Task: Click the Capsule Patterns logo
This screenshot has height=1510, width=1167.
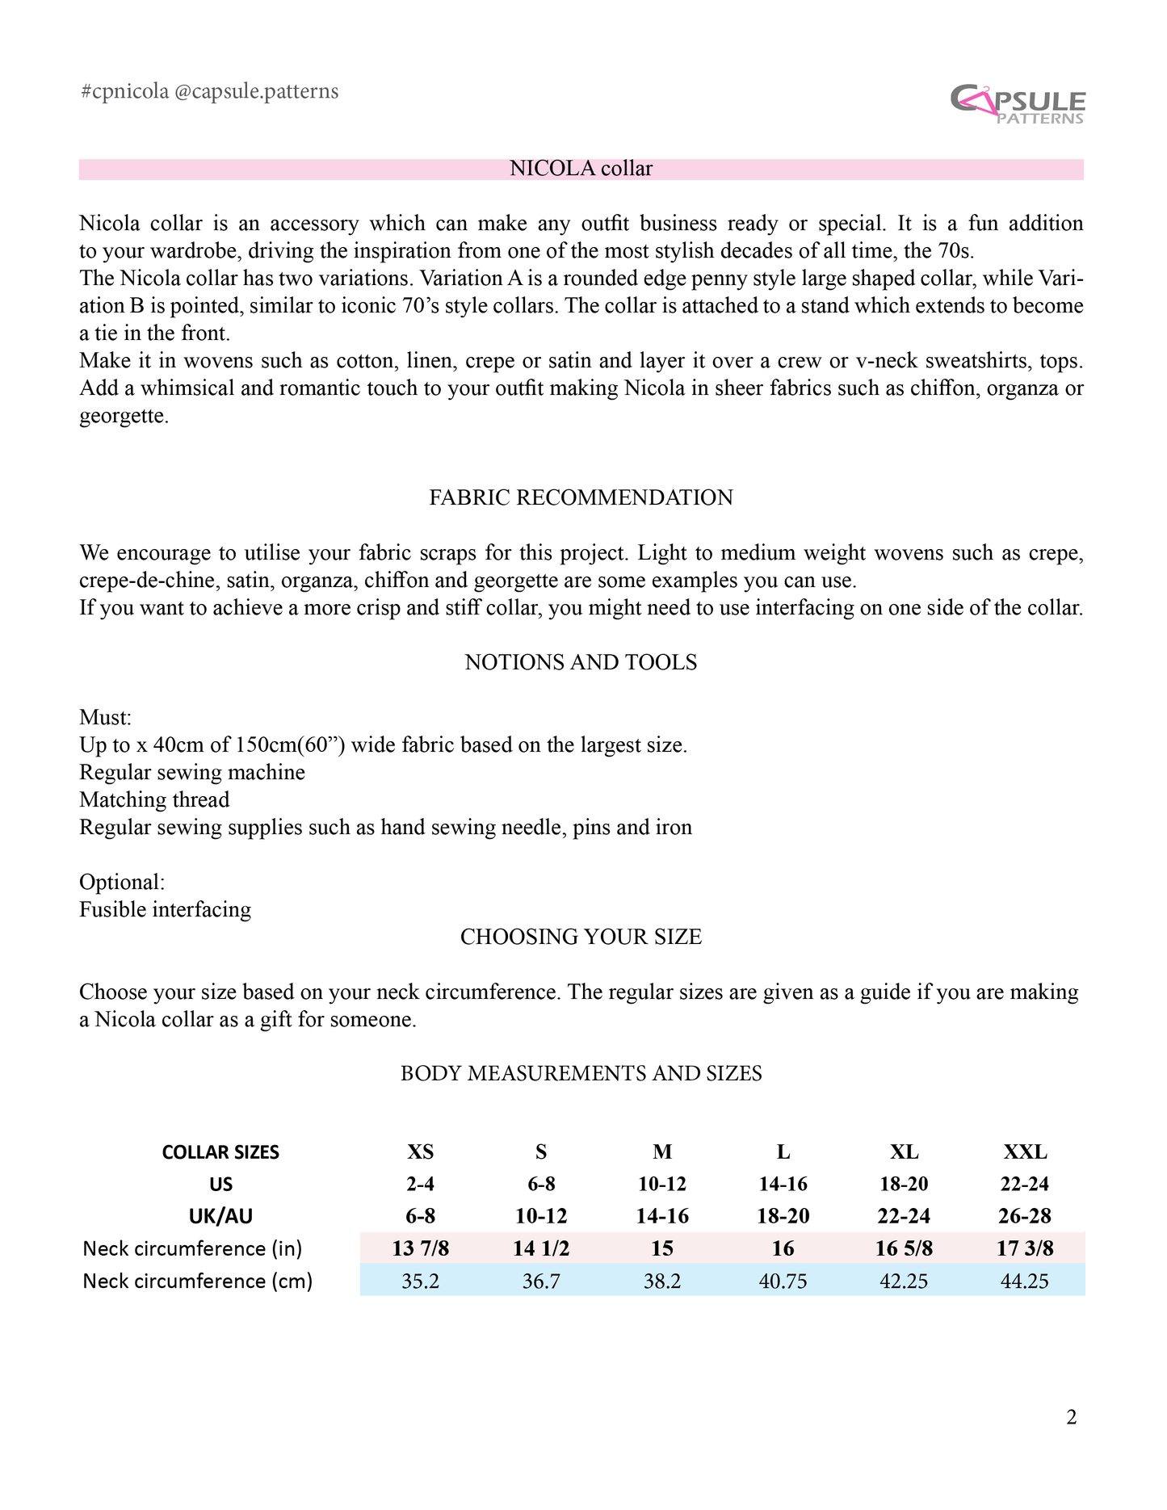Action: click(1018, 105)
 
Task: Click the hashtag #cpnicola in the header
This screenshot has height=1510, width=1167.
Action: click(124, 91)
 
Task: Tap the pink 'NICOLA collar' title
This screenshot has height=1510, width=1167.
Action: click(581, 169)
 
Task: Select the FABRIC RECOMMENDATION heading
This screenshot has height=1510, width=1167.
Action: click(581, 497)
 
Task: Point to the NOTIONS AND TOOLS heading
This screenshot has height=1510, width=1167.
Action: click(581, 662)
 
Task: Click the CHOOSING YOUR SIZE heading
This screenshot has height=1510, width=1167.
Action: click(581, 937)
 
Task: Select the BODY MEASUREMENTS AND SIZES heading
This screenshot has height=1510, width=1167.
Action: click(581, 1073)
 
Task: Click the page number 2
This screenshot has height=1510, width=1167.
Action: click(1071, 1417)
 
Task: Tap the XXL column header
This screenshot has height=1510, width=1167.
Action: click(1024, 1151)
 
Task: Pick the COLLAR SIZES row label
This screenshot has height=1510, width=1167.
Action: click(220, 1152)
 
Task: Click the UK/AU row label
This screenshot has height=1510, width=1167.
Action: click(220, 1216)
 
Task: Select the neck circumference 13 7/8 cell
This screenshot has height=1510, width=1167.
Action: click(420, 1248)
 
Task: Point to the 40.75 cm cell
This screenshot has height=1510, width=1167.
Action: click(783, 1281)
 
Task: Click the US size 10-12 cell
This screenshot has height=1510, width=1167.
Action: click(661, 1184)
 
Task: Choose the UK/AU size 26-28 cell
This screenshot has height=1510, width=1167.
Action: click(1024, 1216)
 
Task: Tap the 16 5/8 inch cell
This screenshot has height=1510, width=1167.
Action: click(904, 1248)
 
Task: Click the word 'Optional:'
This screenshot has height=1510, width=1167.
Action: click(122, 882)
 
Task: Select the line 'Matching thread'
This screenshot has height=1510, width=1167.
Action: click(154, 799)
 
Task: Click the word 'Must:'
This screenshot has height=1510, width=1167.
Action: click(105, 717)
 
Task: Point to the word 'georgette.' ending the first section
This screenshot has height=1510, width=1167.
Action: click(124, 417)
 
